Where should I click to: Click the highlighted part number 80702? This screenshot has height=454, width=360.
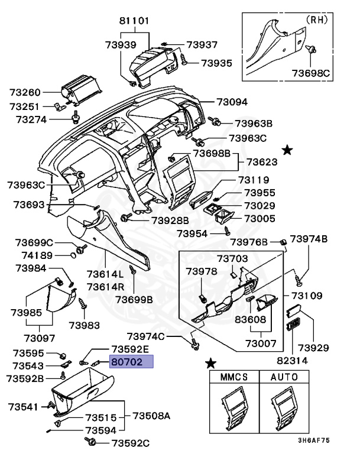(131, 362)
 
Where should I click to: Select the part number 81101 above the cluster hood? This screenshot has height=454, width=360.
(134, 21)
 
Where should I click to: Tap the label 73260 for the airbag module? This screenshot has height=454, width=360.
(25, 93)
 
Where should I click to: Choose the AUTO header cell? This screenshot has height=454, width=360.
(284, 377)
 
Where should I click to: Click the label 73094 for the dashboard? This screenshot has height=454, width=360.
(232, 102)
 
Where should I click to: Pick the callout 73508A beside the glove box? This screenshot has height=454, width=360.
(150, 416)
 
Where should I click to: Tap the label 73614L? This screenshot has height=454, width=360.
(105, 274)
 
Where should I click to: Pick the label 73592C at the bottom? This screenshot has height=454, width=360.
(131, 443)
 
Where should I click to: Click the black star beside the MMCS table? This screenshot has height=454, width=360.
(210, 362)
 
